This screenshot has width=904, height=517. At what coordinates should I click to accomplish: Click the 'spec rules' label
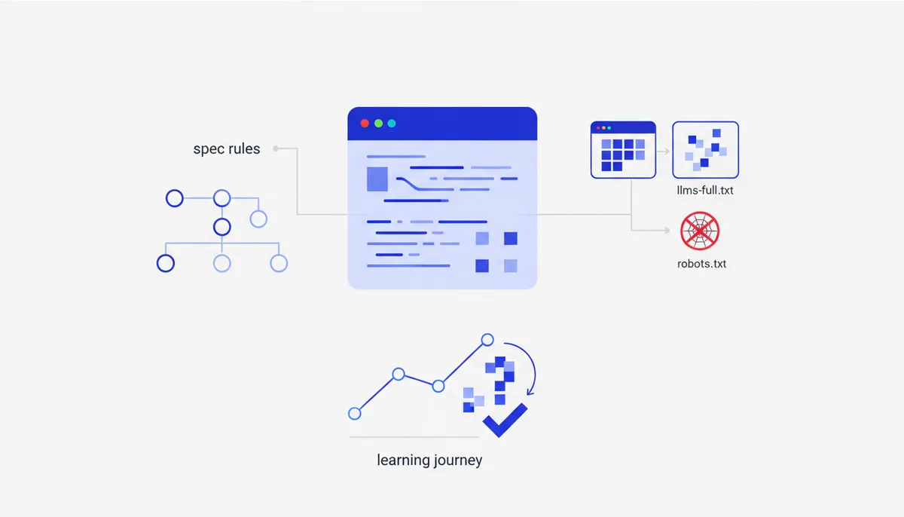tap(227, 149)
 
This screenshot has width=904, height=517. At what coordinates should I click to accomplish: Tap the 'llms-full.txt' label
tap(705, 190)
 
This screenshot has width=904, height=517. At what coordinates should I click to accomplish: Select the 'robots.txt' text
tap(701, 264)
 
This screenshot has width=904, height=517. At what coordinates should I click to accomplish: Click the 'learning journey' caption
tap(429, 460)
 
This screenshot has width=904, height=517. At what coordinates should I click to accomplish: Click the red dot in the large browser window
tap(365, 123)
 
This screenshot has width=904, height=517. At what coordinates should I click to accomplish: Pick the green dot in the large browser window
tap(378, 123)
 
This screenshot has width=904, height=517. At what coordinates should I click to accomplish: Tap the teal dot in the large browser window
tap(392, 123)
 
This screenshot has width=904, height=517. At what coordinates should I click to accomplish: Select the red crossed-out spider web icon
tap(700, 231)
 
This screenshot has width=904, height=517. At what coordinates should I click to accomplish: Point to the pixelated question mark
tap(500, 379)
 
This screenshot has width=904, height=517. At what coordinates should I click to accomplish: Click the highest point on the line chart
tap(487, 340)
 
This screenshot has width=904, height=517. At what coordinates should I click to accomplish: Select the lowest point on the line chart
tap(354, 413)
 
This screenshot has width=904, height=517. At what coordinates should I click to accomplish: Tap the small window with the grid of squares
tap(623, 150)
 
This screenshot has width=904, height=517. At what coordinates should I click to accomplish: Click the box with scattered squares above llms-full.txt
tap(705, 150)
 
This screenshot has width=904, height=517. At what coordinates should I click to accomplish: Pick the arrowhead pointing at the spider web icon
tap(667, 230)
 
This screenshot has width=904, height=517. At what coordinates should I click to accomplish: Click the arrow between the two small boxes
tap(664, 151)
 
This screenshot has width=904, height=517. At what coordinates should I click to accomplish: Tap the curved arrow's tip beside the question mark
tap(530, 393)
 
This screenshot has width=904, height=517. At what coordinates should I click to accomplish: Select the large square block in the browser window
tap(377, 179)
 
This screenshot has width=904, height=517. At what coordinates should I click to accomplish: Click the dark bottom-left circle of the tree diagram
tap(166, 264)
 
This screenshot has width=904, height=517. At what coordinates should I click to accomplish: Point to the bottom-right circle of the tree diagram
tap(279, 264)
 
